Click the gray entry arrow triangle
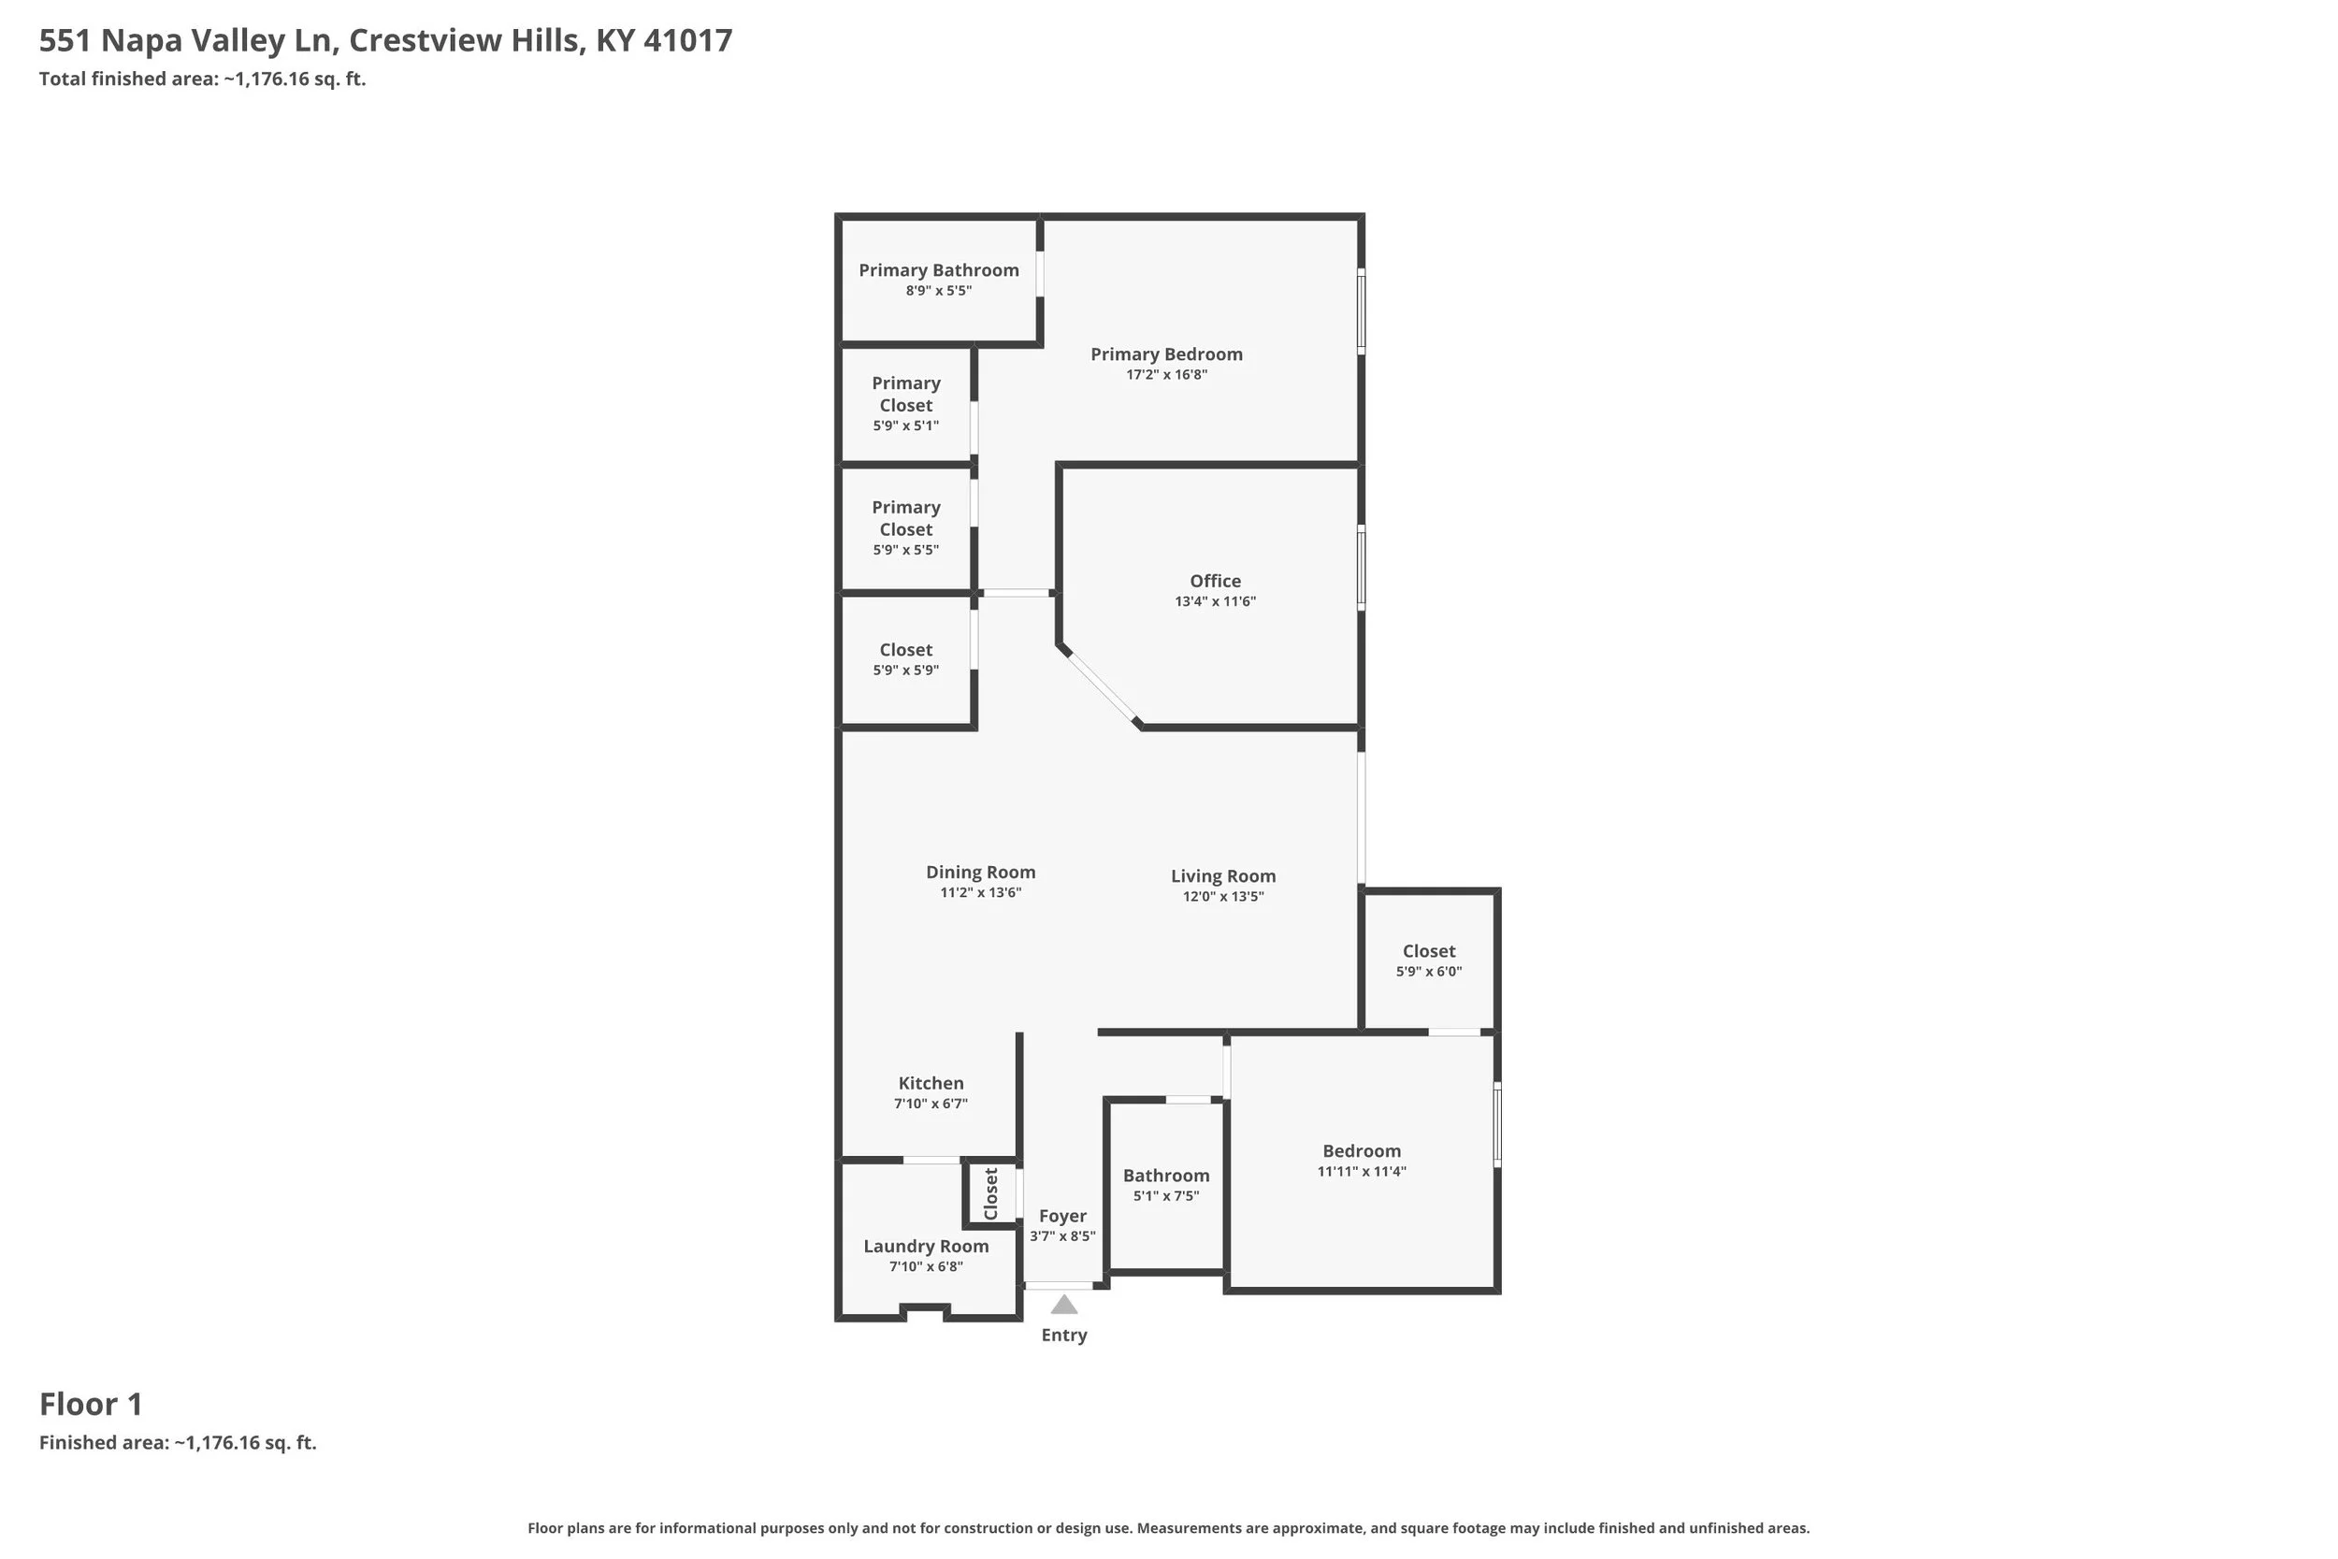(1063, 1305)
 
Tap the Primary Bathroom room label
(938, 270)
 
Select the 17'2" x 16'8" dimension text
(1166, 375)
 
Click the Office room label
(1215, 581)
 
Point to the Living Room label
(1222, 876)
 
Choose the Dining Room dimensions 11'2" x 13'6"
(980, 893)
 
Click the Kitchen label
(931, 1084)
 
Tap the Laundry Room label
(926, 1247)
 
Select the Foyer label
(1062, 1216)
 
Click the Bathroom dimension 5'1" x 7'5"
(1166, 1196)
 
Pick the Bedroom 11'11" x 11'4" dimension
(1362, 1171)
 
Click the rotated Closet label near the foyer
(991, 1194)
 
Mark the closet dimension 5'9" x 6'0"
(1428, 972)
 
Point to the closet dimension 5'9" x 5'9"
(905, 671)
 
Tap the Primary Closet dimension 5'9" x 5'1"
(905, 426)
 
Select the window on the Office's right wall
(1361, 568)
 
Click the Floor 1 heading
(92, 1404)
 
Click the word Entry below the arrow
(1063, 1335)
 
